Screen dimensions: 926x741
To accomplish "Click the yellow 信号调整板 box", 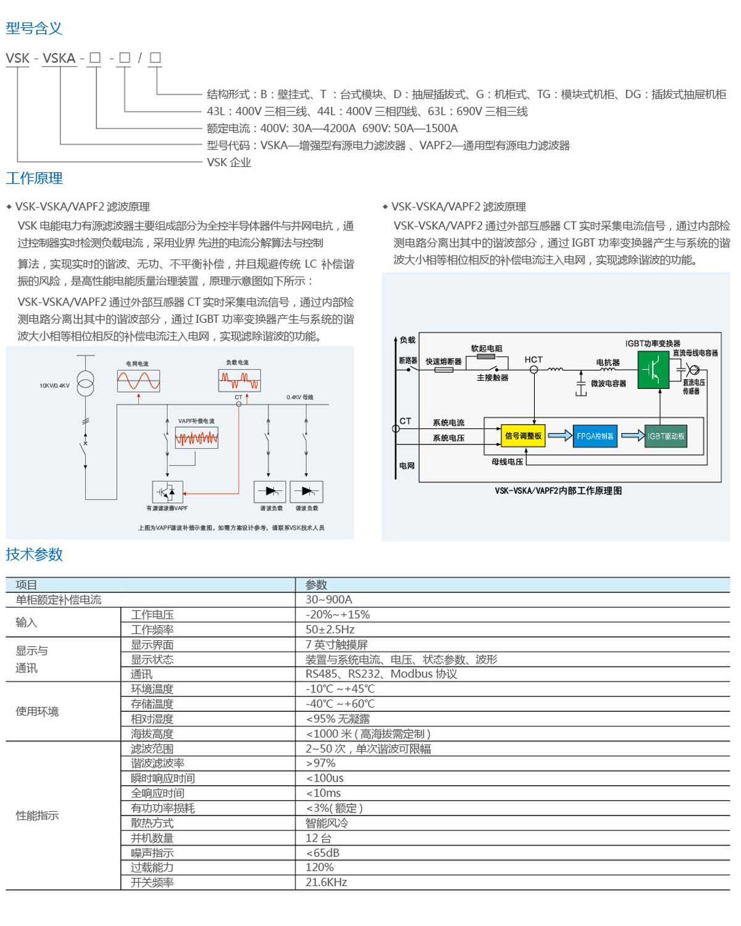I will point(523,436).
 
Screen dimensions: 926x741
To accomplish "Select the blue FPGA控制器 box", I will point(595,436).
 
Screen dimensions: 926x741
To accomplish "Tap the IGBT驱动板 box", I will point(666,436).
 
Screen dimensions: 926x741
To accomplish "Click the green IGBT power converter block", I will point(653,370).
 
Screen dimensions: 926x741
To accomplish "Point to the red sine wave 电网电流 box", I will point(138,381).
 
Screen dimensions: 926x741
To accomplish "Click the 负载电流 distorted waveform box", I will point(240,380).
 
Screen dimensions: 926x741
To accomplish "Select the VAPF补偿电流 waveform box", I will point(196,438).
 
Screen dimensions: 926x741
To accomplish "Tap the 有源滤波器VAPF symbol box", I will point(167,492).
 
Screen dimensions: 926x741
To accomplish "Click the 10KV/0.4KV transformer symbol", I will point(85,384).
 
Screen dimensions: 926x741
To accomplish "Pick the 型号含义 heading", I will point(34,28).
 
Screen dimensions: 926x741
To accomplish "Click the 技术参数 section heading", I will point(34,554).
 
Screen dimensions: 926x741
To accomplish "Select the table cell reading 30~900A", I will point(329,599).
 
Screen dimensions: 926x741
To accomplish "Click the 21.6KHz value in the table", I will point(326,882).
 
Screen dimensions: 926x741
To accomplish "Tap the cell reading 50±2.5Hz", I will point(330,630).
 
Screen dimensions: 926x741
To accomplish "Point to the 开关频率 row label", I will point(152,882).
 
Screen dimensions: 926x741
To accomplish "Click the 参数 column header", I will point(316,585).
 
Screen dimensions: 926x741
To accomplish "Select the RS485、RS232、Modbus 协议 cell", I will point(381,674).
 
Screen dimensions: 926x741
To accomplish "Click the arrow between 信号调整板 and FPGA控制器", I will point(559,436).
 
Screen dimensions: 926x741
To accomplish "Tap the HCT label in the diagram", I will point(534,359).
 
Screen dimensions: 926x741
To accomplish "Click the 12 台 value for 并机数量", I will point(318,838).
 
